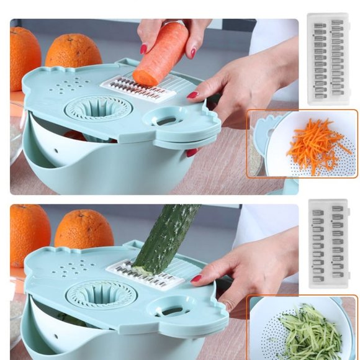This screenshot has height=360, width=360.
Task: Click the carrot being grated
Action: pyautogui.click(x=160, y=55)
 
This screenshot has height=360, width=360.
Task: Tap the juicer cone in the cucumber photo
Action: pyautogui.click(x=99, y=293)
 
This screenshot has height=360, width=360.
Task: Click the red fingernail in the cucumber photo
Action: pyautogui.click(x=196, y=279)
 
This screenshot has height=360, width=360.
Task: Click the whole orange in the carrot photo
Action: pyautogui.click(x=74, y=53)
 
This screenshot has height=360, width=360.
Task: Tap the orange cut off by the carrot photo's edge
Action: pyautogui.click(x=23, y=60)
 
